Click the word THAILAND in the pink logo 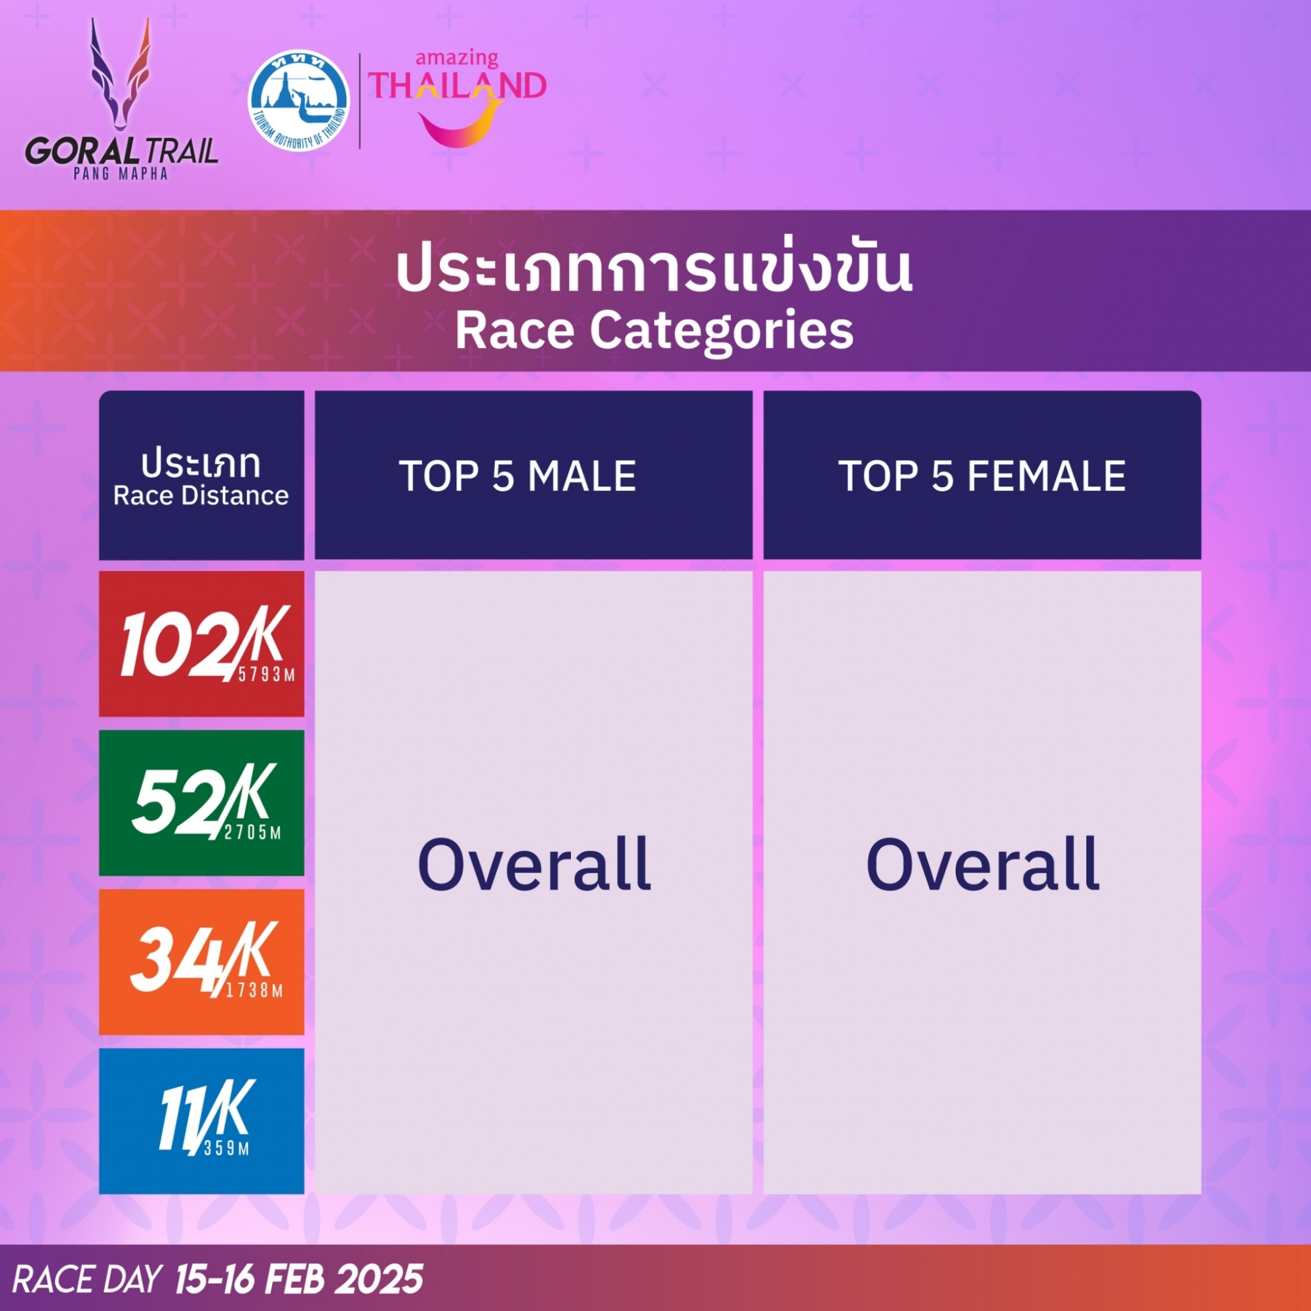click(458, 86)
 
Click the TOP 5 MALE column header click(518, 476)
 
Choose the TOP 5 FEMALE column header click(983, 476)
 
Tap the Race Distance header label click(201, 496)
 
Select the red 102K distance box click(201, 643)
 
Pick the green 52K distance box click(201, 803)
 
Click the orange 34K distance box click(201, 962)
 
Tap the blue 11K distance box click(201, 1121)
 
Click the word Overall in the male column click(535, 864)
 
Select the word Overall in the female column click(983, 864)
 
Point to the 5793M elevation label click(267, 675)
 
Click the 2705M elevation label click(253, 832)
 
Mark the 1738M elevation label click(254, 990)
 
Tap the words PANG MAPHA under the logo click(121, 174)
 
